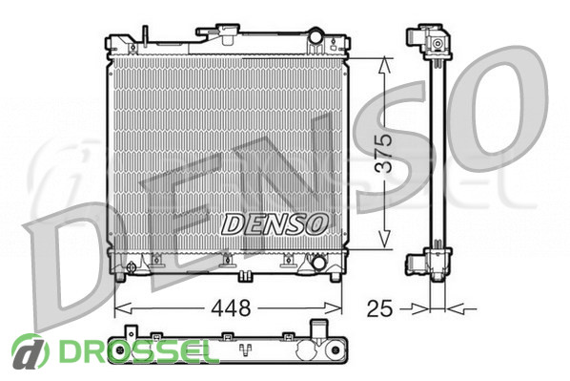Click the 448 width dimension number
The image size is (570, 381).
[x=231, y=308]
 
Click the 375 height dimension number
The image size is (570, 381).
[x=384, y=154]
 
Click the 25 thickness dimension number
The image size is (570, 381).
[x=380, y=308]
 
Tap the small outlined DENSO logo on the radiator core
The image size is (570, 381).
[x=275, y=223]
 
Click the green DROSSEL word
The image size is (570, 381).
[x=134, y=351]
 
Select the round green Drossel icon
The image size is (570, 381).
[x=31, y=351]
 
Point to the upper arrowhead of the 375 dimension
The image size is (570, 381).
[x=384, y=66]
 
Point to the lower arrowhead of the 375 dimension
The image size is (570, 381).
[x=384, y=240]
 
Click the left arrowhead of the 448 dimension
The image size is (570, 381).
[x=123, y=308]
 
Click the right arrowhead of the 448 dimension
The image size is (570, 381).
[x=333, y=308]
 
